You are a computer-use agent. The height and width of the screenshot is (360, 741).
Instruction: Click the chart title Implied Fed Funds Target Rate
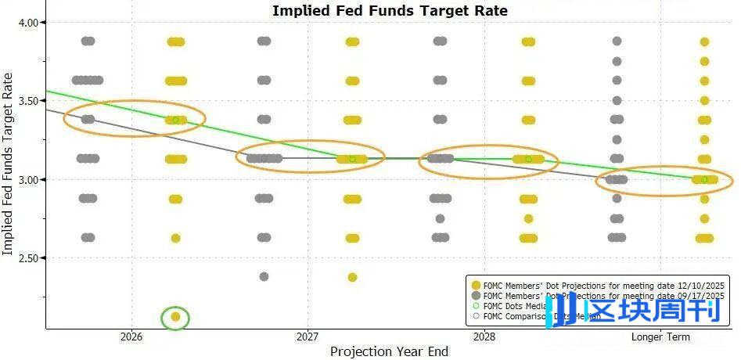(x=390, y=11)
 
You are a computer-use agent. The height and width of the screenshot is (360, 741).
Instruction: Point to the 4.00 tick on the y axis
(x=29, y=23)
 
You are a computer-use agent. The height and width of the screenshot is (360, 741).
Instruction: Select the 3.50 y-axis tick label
(x=29, y=101)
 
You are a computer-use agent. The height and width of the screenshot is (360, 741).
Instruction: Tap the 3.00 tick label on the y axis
(x=29, y=179)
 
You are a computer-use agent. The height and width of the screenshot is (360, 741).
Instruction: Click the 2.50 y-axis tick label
(x=29, y=257)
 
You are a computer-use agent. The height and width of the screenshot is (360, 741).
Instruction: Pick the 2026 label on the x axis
(x=131, y=337)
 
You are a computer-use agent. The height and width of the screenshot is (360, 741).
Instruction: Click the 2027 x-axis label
(x=308, y=337)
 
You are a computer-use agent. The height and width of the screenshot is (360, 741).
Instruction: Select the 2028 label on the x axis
(x=484, y=337)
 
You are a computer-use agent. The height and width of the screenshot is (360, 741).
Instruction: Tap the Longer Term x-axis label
(x=660, y=337)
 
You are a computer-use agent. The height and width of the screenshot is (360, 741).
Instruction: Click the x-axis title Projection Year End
(x=389, y=351)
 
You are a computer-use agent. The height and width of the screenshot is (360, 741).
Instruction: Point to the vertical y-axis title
(x=9, y=164)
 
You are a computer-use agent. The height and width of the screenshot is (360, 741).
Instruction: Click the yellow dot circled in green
(x=176, y=317)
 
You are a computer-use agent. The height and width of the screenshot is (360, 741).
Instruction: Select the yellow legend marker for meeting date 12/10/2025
(x=475, y=284)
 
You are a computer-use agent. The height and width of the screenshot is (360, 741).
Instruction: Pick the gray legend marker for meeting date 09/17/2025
(x=475, y=296)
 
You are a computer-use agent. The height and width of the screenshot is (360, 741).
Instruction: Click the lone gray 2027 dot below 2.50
(x=264, y=276)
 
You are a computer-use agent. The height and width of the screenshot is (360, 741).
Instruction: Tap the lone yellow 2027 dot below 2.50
(x=352, y=277)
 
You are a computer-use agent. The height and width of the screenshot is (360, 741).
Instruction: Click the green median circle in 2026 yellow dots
(x=176, y=120)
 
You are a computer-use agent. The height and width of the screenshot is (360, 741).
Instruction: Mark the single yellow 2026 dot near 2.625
(x=176, y=238)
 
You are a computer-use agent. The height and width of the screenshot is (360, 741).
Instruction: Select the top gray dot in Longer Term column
(x=617, y=41)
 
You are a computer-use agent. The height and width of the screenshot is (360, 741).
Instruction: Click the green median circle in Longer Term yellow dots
(x=704, y=179)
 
